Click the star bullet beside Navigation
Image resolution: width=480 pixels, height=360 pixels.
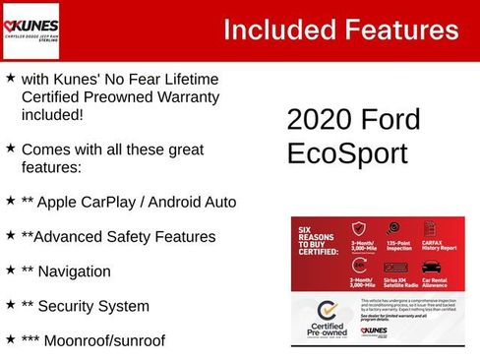pyautogui.click(x=10, y=269)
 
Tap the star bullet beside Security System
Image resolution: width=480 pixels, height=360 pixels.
pyautogui.click(x=10, y=304)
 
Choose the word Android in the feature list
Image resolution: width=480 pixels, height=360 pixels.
pyautogui.click(x=173, y=202)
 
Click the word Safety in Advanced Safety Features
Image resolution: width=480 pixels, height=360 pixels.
pyautogui.click(x=134, y=237)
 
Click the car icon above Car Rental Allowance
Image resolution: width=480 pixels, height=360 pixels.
pyautogui.click(x=431, y=266)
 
